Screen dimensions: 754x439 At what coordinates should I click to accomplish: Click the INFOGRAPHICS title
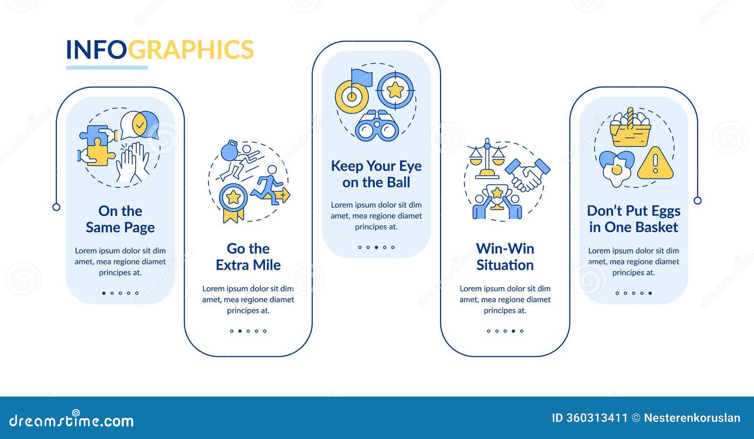160,50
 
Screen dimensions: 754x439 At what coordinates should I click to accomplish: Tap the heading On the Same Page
120,219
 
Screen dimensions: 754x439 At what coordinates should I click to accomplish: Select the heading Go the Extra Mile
248,257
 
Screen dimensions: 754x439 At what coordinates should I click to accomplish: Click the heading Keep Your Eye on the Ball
377,174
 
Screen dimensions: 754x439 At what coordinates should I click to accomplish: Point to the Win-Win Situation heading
505,257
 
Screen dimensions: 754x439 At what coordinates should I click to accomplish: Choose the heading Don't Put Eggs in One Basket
633,219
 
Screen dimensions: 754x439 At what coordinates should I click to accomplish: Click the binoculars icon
377,126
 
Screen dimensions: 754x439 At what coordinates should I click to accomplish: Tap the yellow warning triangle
655,163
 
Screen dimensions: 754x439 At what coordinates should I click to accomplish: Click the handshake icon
528,174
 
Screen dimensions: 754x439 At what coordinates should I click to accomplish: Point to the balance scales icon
487,158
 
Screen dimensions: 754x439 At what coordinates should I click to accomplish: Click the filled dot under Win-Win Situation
513,331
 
